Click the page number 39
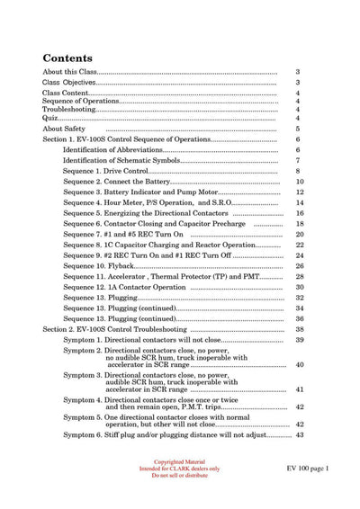[x=299, y=340]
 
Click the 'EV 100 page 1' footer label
[x=309, y=469]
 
